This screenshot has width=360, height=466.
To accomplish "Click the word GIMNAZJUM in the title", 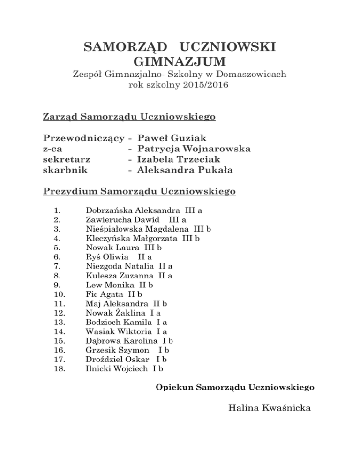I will (x=180, y=61).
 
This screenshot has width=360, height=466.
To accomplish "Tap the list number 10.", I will (x=60, y=294).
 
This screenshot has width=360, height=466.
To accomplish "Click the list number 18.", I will (x=60, y=369).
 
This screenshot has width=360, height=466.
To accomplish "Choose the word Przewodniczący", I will (x=83, y=138).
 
